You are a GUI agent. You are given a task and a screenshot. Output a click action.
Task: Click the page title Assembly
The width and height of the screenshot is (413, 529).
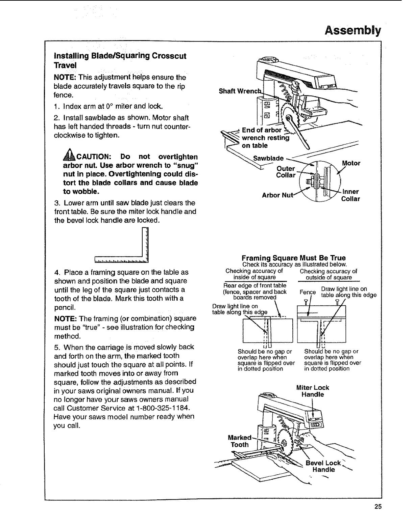pyautogui.click(x=353, y=31)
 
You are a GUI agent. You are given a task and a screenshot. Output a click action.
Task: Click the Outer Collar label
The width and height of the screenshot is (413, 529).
pyautogui.click(x=286, y=172)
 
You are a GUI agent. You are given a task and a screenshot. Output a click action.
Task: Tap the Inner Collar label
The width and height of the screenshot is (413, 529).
pyautogui.click(x=350, y=195)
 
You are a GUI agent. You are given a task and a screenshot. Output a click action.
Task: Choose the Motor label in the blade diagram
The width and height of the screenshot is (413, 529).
pyautogui.click(x=351, y=164)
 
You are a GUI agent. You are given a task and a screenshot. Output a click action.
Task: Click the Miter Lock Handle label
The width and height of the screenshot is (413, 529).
pyautogui.click(x=312, y=391)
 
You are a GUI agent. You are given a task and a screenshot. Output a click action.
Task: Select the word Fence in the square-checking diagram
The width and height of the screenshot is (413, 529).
pyautogui.click(x=308, y=292)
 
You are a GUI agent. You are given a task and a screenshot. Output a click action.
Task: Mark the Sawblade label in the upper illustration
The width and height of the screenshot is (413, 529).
pyautogui.click(x=268, y=158)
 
